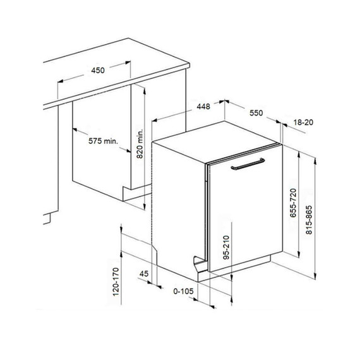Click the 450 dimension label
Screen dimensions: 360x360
coord(97,70)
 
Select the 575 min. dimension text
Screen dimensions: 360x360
coord(103,141)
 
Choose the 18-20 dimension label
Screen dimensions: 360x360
coord(304,122)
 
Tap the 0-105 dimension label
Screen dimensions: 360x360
coord(183,291)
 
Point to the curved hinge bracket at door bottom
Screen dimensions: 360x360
coord(200,260)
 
